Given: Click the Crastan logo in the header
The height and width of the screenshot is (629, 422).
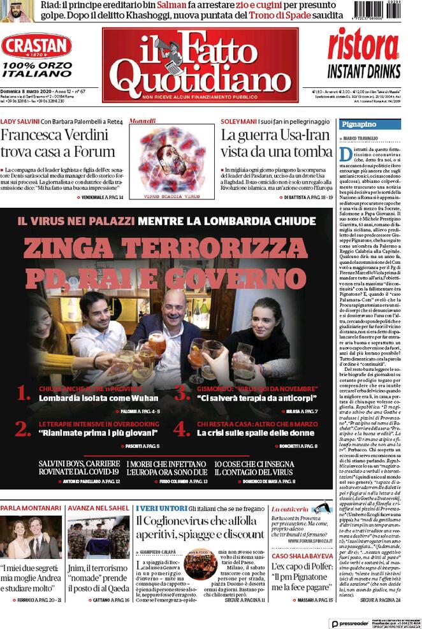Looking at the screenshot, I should point(36,47).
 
